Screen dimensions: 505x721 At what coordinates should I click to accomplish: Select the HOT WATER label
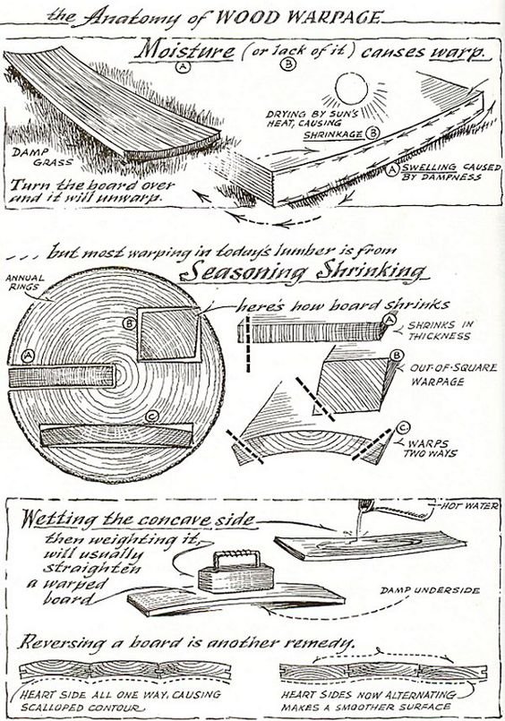coord(469,506)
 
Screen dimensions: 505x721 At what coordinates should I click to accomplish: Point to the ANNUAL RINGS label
coord(25,282)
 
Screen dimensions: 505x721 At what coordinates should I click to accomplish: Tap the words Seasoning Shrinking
coord(304,271)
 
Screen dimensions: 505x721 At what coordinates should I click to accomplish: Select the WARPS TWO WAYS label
coord(430,449)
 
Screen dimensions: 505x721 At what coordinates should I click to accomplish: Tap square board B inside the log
coord(168,333)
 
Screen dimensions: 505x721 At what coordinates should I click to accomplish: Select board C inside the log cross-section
coord(116,435)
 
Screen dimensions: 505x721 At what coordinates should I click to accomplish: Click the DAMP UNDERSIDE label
coord(430,590)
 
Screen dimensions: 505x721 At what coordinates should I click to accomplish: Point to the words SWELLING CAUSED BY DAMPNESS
coord(450,172)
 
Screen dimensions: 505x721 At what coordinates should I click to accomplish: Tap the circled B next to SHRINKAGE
coord(372,133)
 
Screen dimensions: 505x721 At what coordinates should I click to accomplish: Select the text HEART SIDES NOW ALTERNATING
coord(369,695)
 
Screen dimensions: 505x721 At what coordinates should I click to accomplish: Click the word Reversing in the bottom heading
coord(63,642)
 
